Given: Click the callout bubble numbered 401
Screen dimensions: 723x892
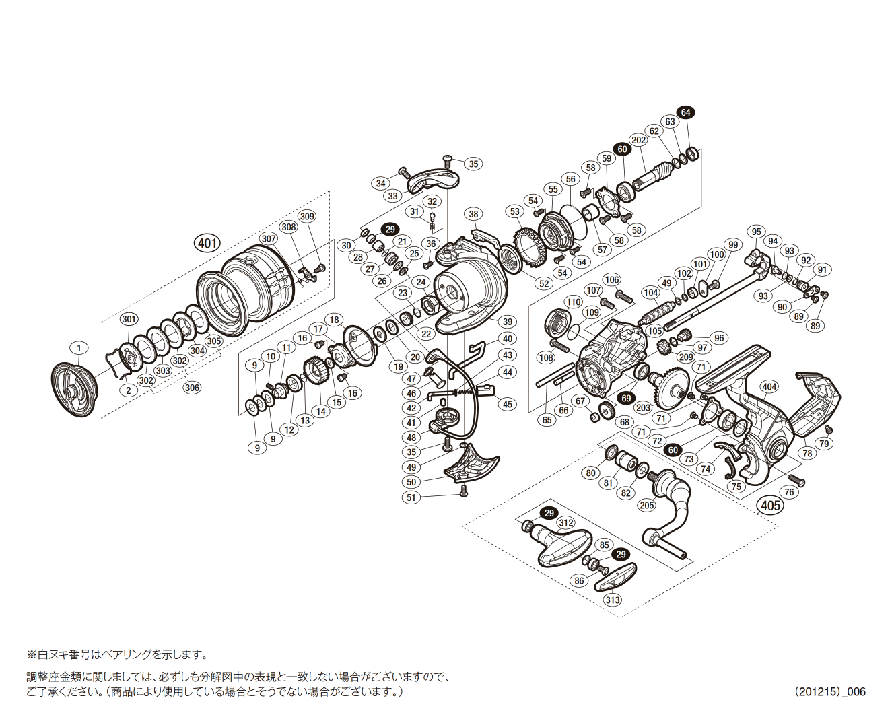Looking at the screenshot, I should (207, 242).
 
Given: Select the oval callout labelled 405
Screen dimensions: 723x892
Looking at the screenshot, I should (769, 505).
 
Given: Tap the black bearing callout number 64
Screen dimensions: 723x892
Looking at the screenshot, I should (685, 112).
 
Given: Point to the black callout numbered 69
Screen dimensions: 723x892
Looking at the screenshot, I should (626, 399).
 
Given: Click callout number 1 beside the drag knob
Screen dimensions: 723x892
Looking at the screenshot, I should (79, 348).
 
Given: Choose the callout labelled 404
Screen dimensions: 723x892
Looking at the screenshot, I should (769, 386).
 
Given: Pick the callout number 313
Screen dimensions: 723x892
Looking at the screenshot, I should (612, 600).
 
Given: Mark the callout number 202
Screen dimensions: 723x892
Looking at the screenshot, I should (638, 140).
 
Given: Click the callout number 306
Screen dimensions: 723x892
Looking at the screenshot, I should (192, 388).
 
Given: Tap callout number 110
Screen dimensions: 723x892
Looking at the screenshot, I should (573, 302).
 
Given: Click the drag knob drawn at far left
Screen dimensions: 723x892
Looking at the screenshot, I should (74, 390).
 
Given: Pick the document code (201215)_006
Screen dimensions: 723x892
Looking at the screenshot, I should (829, 691).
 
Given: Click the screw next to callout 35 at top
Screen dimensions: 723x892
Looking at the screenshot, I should (449, 160).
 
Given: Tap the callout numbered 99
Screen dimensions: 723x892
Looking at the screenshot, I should (732, 245).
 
